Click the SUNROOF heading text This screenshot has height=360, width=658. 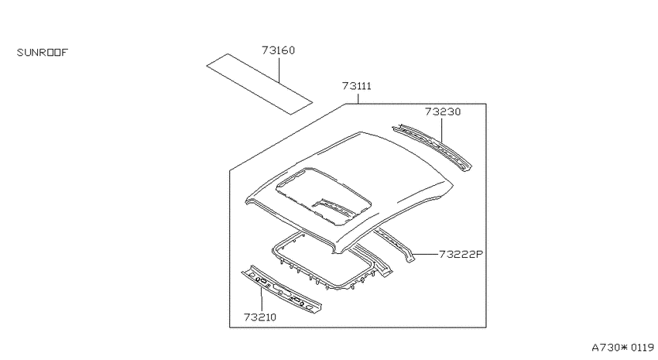(42, 53)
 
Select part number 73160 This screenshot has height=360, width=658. (278, 50)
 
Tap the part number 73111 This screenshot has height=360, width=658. (357, 86)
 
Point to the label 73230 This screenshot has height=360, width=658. (443, 111)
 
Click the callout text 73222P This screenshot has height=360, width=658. (461, 254)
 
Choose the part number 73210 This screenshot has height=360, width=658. (260, 317)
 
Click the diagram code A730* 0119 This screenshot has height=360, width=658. (622, 348)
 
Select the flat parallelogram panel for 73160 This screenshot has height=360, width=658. (259, 84)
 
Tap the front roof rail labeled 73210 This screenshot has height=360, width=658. (282, 290)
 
